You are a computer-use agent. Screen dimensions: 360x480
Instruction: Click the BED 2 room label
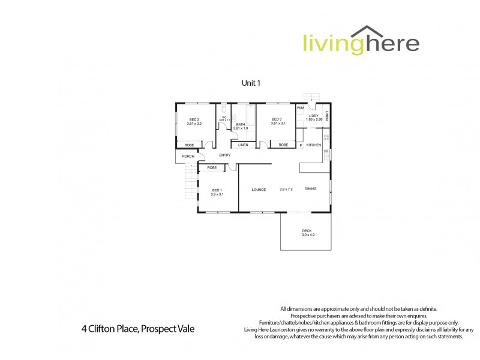(194, 119)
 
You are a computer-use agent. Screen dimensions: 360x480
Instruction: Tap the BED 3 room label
(277, 119)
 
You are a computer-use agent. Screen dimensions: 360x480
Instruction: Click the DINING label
(310, 189)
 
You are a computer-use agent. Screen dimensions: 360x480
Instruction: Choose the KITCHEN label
(314, 145)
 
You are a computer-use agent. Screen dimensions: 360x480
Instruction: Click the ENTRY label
(225, 155)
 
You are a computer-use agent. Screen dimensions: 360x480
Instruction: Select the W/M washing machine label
(300, 108)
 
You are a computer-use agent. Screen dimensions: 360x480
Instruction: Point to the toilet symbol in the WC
(223, 110)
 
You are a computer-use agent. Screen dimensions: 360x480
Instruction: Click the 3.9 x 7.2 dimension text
(286, 190)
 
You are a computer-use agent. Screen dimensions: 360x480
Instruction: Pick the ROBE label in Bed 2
(189, 145)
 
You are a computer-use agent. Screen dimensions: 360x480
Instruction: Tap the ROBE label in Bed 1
(212, 167)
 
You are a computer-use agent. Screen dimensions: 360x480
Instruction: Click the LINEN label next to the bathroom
(243, 145)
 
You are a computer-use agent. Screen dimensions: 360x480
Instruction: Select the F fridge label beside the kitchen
(301, 145)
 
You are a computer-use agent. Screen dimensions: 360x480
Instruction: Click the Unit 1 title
(251, 83)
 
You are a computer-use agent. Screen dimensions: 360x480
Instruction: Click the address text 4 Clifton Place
(138, 329)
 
